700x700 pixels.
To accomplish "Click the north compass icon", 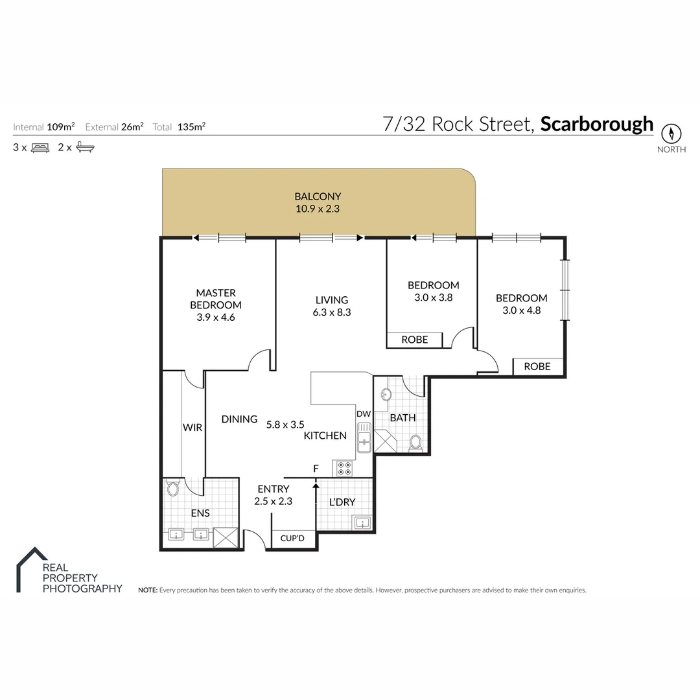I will click(671, 134).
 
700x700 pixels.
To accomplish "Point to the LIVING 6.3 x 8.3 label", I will click(332, 306).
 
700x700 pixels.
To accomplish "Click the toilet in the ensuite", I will click(172, 488).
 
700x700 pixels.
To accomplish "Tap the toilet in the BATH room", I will click(415, 443).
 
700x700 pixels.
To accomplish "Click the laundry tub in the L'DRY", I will click(362, 522).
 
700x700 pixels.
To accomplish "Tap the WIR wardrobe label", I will click(193, 428).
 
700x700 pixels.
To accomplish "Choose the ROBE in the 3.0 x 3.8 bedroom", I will click(415, 340).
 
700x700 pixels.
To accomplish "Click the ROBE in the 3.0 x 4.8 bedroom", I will click(537, 366).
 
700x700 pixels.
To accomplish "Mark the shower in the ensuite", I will click(226, 537).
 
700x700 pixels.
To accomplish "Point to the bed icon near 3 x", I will click(40, 148).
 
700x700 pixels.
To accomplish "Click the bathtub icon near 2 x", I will click(85, 148).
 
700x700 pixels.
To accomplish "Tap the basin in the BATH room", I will click(386, 395).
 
